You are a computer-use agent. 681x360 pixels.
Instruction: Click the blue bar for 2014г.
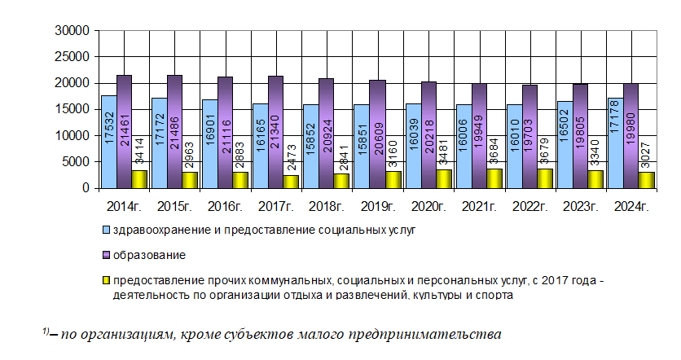click(108, 142)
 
